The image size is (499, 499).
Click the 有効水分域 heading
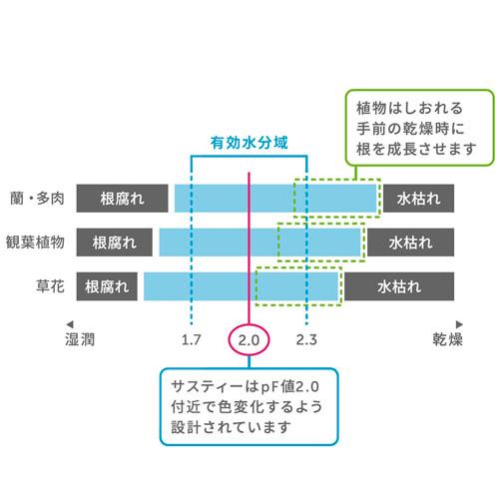click(x=249, y=143)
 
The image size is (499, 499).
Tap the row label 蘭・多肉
click(x=37, y=199)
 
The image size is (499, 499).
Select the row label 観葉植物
click(x=35, y=243)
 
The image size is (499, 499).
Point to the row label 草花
click(x=50, y=286)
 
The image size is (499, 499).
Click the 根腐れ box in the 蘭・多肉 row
click(x=122, y=199)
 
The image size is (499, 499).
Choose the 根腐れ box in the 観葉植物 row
click(x=115, y=243)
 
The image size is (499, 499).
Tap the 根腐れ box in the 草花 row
click(x=107, y=286)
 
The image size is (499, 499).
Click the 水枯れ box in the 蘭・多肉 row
click(x=418, y=199)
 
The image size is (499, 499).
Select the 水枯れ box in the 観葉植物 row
click(x=411, y=243)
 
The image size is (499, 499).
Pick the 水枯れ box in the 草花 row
click(x=399, y=286)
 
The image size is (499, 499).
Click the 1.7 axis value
click(x=192, y=340)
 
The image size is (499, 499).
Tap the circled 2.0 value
click(x=249, y=340)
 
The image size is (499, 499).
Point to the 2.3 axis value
click(x=306, y=340)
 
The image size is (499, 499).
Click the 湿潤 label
click(x=80, y=339)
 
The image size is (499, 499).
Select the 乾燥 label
click(x=448, y=339)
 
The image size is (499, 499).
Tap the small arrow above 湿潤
click(x=70, y=324)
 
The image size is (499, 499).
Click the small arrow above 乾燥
click(x=459, y=324)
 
